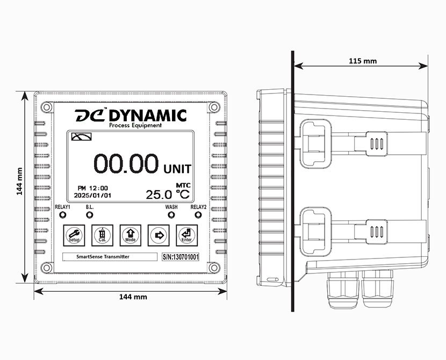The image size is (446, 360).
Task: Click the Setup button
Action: [x=73, y=234]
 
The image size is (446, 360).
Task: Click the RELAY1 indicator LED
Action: [x=63, y=215]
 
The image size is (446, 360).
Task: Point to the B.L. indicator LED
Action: [x=89, y=215]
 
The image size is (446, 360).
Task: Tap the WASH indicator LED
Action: [x=171, y=215]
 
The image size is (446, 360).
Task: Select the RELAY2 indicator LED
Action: [x=198, y=215]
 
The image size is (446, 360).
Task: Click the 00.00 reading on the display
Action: [x=126, y=163]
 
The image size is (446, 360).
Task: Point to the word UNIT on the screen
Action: [x=177, y=168]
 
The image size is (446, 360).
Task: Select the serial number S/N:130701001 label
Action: [x=181, y=257]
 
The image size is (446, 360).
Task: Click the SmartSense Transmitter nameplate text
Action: [x=96, y=257]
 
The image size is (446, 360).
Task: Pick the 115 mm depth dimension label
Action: [x=363, y=61]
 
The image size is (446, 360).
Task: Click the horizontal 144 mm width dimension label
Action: [x=133, y=297]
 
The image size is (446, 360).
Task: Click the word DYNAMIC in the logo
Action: [x=147, y=116]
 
